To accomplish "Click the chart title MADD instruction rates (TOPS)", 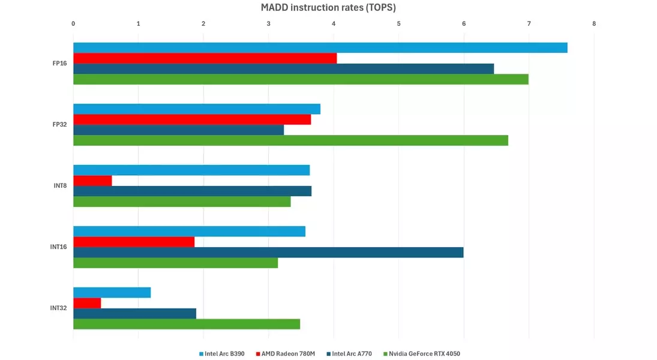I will pos(328,8).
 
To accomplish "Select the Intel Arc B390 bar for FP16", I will pos(320,48).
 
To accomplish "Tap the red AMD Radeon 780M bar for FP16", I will pos(205,58).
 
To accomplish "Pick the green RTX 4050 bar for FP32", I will pos(290,140).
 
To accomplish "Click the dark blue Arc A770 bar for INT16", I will pos(268,253).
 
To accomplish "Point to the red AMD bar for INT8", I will pos(92,181).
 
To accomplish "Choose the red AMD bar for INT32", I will pos(87,303).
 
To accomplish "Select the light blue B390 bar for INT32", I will pos(112,293).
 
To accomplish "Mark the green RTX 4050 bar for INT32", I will pos(187,324).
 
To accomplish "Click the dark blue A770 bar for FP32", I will pos(178,130).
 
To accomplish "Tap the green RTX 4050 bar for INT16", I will pos(175,263).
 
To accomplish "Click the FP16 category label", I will pos(59,63).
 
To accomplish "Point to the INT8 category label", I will pos(59,185).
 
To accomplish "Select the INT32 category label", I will pos(58,308).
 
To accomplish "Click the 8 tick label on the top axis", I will pos(594,24).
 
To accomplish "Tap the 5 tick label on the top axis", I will pos(398,24).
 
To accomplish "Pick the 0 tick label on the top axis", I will pos(73,24).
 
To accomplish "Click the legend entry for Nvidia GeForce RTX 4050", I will pos(424,354).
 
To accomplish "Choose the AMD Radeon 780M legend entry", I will pos(288,354).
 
